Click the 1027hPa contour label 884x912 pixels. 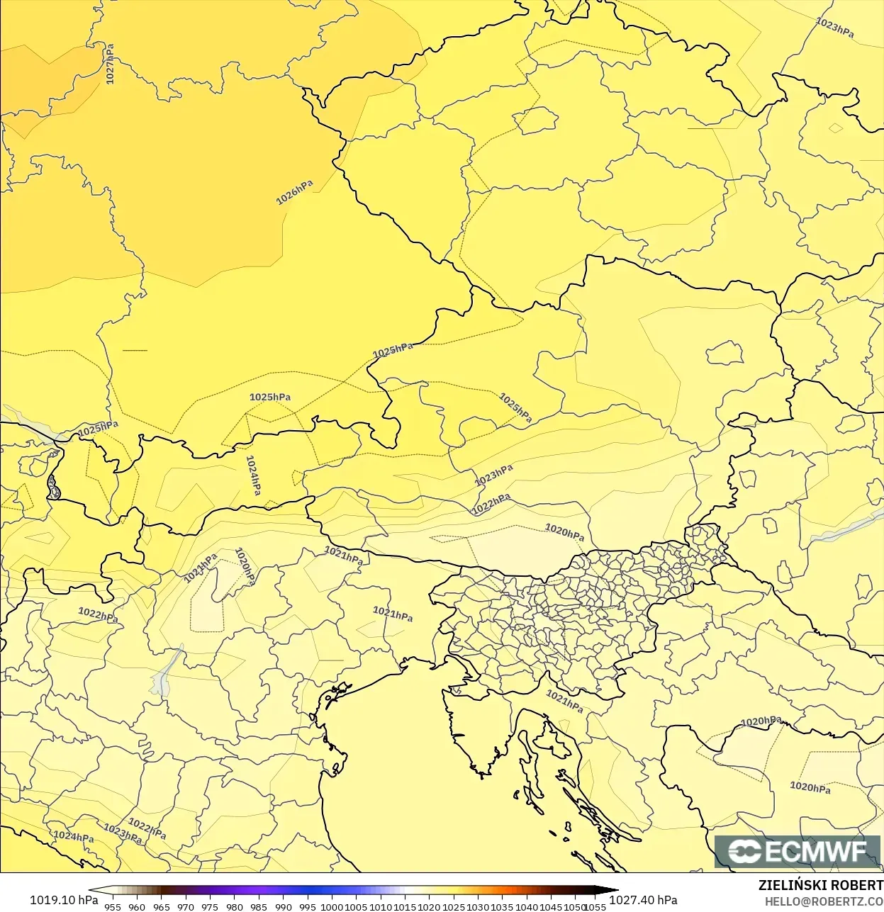tap(110, 64)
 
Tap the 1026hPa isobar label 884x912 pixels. tap(294, 191)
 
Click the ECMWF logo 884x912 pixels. tap(797, 851)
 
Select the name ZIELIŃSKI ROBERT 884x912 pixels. tap(820, 886)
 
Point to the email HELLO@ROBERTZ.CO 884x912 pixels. tap(824, 902)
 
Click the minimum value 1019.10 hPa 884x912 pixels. tap(64, 900)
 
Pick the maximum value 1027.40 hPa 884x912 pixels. tap(643, 900)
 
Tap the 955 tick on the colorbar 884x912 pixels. tap(113, 907)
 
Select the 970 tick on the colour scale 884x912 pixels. tap(186, 907)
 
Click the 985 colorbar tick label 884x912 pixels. tap(259, 907)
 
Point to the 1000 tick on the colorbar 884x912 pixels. tap(332, 907)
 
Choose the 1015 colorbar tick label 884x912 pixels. tap(405, 907)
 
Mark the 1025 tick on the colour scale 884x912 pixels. tap(454, 907)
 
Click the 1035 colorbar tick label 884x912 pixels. tap(502, 907)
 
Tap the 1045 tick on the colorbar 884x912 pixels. tap(551, 907)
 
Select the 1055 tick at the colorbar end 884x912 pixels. tap(595, 907)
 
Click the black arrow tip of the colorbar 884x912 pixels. tap(615, 891)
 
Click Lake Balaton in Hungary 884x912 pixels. tap(847, 527)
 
